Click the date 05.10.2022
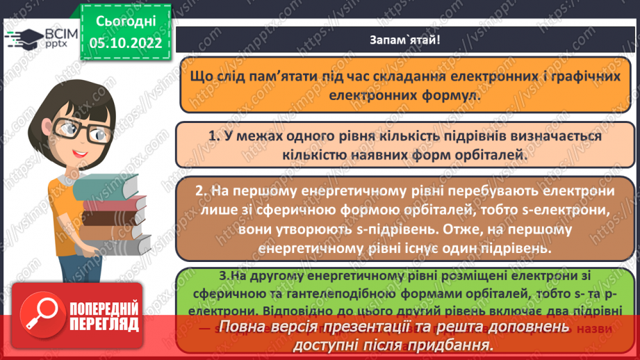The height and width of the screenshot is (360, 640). pos(125,42)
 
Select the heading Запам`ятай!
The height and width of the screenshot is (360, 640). pos(404,39)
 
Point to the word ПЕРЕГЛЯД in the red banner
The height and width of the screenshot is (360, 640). pos(104,324)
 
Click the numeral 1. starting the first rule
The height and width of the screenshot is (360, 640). pos(213,137)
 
